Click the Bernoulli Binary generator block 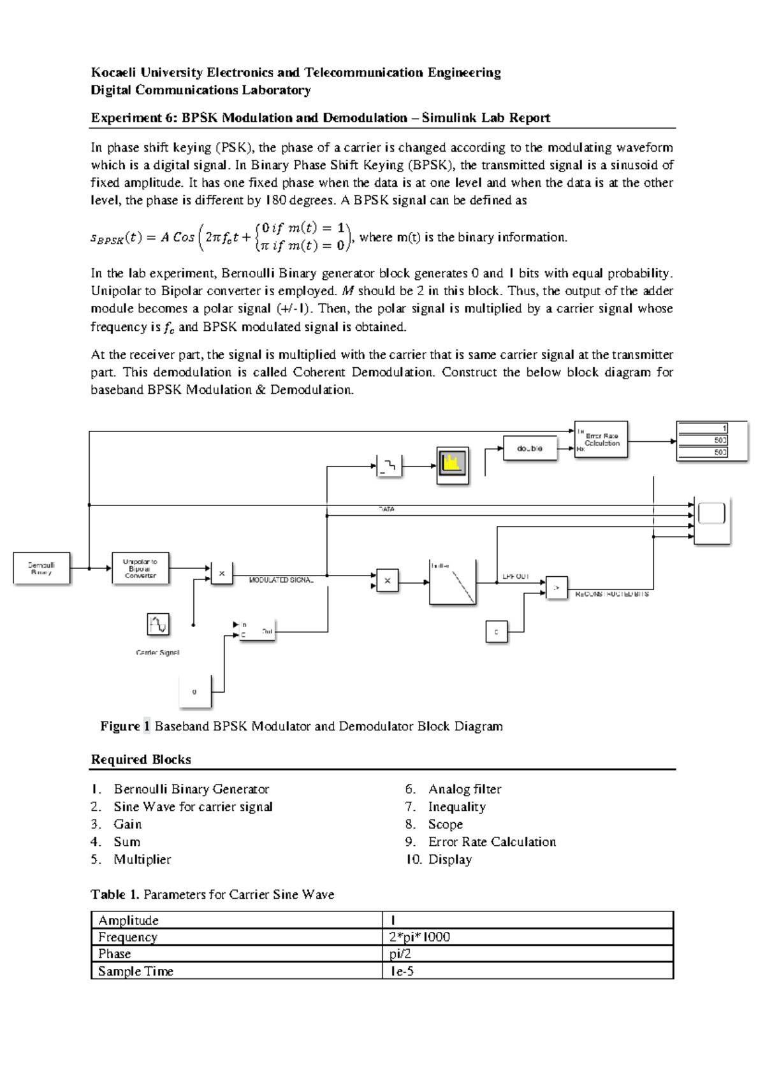click(x=41, y=568)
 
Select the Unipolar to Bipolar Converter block click(x=141, y=567)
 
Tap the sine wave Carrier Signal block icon click(x=158, y=624)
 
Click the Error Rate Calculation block click(x=601, y=439)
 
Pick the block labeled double click(x=530, y=449)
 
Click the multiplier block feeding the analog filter click(x=388, y=581)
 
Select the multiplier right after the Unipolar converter click(x=222, y=574)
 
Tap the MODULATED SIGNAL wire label click(x=281, y=580)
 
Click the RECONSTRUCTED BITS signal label click(x=612, y=594)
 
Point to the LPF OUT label click(x=516, y=577)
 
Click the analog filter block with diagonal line click(x=453, y=583)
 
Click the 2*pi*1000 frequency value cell click(x=419, y=937)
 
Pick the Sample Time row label click(x=136, y=971)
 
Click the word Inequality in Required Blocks click(x=456, y=807)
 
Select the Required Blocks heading click(x=141, y=759)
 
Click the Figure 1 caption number click(x=147, y=726)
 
